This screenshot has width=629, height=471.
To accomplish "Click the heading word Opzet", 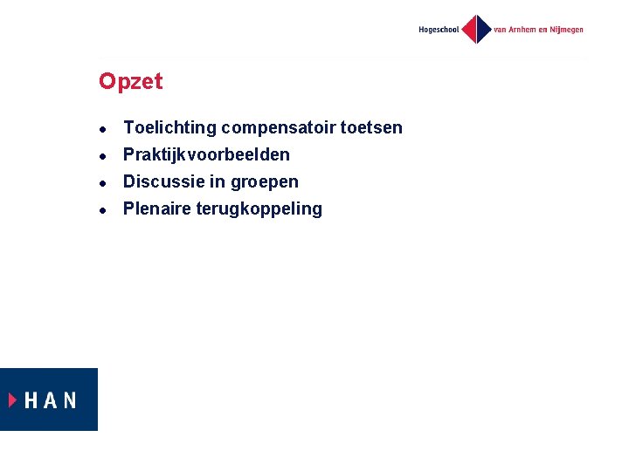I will (x=130, y=82).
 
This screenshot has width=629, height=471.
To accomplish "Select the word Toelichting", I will (x=169, y=128).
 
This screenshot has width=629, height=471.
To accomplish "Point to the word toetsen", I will (x=371, y=128).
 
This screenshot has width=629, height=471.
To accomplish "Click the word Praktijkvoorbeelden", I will (x=206, y=155).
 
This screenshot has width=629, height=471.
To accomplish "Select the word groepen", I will (x=265, y=183).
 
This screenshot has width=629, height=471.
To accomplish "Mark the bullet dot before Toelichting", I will (x=103, y=129).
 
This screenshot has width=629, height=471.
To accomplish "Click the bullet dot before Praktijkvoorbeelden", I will (x=103, y=156).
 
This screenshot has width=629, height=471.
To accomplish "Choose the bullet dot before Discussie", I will (x=103, y=183).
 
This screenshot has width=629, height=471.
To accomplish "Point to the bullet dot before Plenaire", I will (x=103, y=210).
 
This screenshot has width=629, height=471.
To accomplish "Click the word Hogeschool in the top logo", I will (x=439, y=30).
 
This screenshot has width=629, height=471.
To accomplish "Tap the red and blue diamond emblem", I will (x=477, y=30).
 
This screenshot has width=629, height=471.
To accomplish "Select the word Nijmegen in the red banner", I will (x=563, y=30).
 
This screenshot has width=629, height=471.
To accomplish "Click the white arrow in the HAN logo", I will (x=13, y=399).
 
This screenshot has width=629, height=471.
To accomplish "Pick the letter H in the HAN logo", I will (x=32, y=400).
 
